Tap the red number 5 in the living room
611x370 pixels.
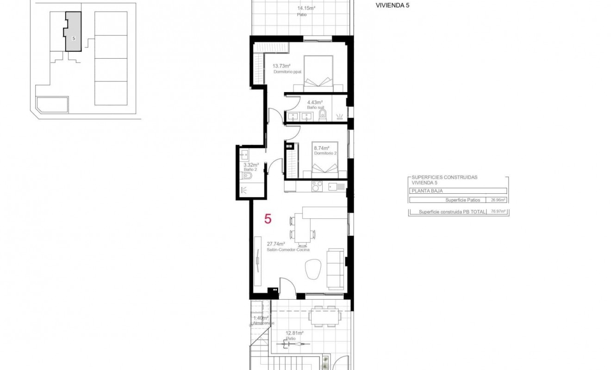tap(268, 219)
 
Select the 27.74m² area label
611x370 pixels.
tap(275, 244)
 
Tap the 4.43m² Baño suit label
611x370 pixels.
tap(315, 102)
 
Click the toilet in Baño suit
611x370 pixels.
tap(323, 114)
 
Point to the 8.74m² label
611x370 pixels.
tap(321, 148)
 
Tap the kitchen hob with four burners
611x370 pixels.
tap(317, 186)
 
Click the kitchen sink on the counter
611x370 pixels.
tap(337, 186)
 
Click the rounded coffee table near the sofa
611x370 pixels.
tap(314, 268)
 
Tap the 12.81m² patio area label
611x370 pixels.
tap(294, 333)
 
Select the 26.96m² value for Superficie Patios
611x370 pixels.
tap(498, 200)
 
